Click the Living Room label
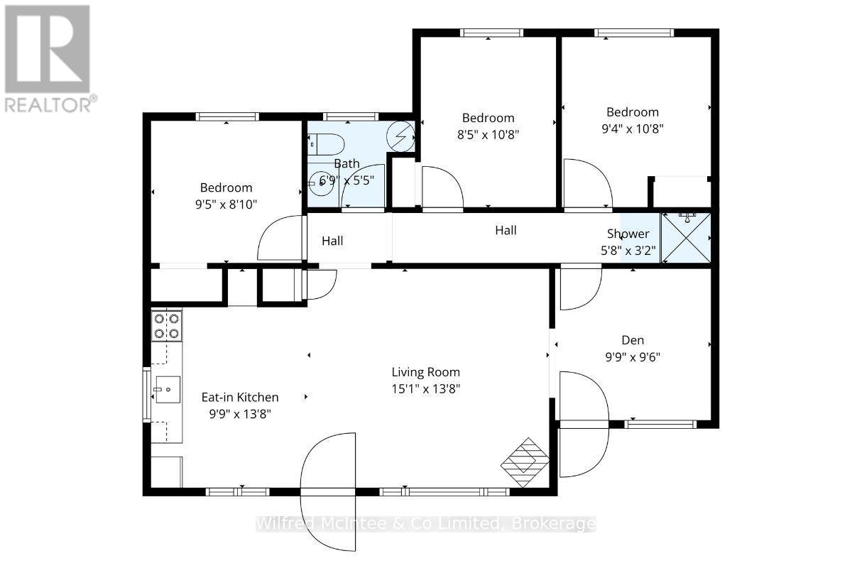coord(426,372)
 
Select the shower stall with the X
coord(685,236)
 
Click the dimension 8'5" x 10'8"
coord(488,135)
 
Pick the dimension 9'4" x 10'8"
coord(632,129)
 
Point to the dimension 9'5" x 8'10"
coord(226,204)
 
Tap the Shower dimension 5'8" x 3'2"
coord(628,250)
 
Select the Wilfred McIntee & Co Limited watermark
coord(426,524)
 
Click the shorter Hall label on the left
coord(332,241)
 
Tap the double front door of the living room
coord(328,490)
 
